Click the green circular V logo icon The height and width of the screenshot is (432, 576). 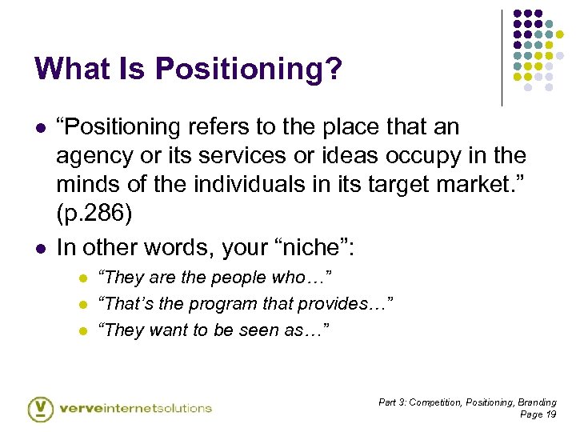click(40, 408)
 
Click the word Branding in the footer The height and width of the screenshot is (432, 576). click(538, 402)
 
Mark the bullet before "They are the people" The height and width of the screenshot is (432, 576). click(82, 278)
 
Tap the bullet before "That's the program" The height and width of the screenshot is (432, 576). click(82, 305)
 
